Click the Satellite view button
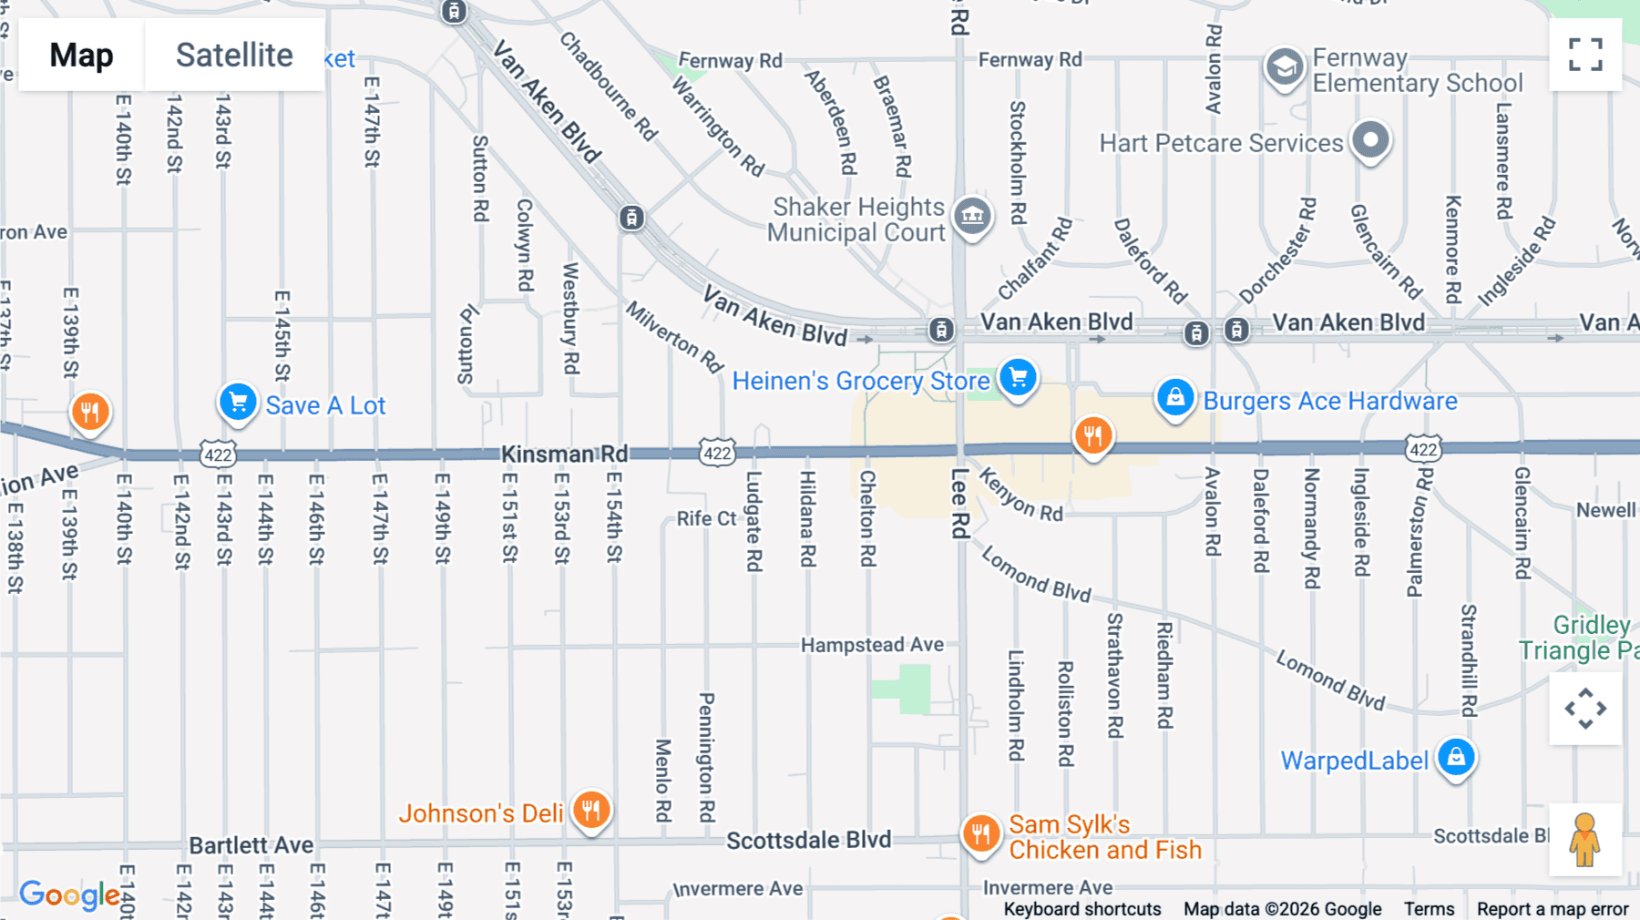[234, 56]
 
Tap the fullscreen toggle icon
[1585, 55]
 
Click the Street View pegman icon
[1584, 839]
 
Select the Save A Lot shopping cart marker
[238, 402]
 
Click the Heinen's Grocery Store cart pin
[1018, 377]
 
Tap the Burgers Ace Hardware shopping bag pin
[1175, 398]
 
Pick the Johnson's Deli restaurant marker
[591, 809]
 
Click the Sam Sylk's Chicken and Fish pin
[981, 833]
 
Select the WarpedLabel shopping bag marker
[1456, 757]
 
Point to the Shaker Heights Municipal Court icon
[972, 216]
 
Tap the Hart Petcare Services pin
[1370, 140]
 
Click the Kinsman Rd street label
[564, 454]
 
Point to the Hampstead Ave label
[872, 645]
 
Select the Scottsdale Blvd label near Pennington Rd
[808, 840]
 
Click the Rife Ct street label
[706, 518]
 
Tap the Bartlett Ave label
[251, 845]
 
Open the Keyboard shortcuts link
[1082, 909]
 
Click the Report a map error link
[1553, 909]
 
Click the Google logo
[69, 894]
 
